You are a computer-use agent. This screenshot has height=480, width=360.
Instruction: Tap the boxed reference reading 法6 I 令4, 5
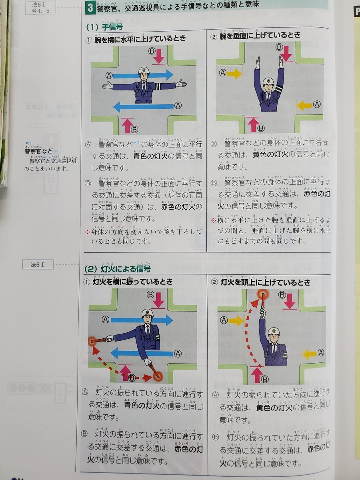pos(40,8)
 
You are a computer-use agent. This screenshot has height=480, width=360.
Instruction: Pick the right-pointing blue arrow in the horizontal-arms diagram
pos(142,75)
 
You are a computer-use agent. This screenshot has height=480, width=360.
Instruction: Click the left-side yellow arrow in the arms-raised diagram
pos(235,73)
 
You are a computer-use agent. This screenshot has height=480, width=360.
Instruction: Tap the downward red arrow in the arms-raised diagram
pos(286,54)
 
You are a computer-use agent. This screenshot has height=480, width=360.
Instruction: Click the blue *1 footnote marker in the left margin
pos(28,143)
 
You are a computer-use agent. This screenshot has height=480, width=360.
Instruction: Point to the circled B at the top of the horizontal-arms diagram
pos(152,51)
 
